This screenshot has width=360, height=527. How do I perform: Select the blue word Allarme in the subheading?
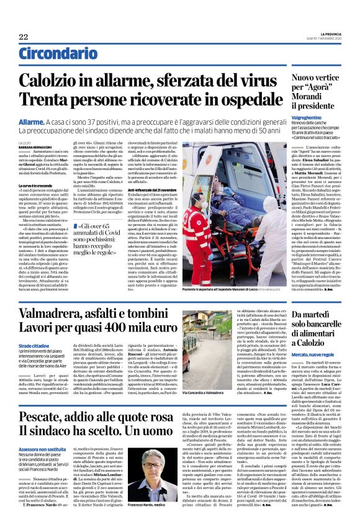[35, 123]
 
